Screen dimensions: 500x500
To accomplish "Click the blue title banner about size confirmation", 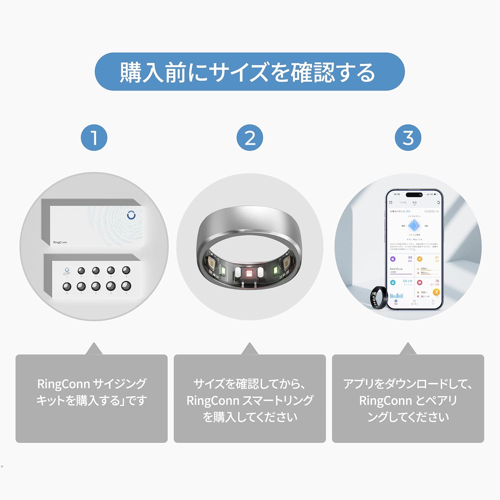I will pos(250,72).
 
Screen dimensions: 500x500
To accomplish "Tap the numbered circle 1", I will pos(94,138).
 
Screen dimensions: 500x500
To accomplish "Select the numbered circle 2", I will pos(250,138).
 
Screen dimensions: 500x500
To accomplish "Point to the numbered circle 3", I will pos(408,138).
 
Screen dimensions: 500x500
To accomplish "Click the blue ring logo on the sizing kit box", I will pos(131,215).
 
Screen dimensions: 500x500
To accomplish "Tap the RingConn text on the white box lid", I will pos(60,242).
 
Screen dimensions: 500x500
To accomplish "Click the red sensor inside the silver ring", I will pos(249,273).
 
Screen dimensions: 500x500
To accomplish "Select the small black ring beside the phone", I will pos(378,298).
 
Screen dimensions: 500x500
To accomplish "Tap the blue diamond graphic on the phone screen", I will pos(414,226).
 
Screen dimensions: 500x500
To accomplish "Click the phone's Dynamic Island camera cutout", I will pos(414,195).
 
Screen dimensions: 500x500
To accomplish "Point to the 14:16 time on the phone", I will pos(397,194).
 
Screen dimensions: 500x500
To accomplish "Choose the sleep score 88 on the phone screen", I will pos(410,258).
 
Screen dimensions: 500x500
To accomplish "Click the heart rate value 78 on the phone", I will pos(437,281).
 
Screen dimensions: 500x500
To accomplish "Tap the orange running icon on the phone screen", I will pos(436,292).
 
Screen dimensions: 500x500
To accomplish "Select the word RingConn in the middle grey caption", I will pos(213,401).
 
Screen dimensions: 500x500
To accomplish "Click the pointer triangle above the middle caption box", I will pos(250,349).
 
